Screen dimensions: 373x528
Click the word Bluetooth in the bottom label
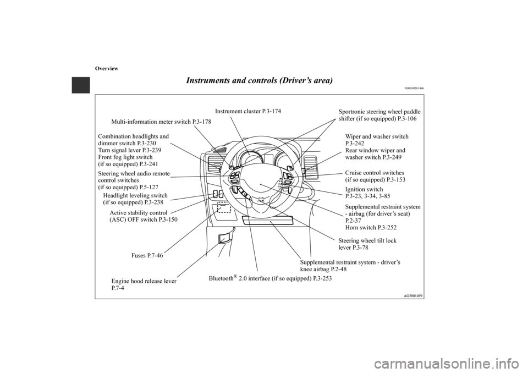222,279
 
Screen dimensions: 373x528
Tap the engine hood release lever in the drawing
224,238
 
